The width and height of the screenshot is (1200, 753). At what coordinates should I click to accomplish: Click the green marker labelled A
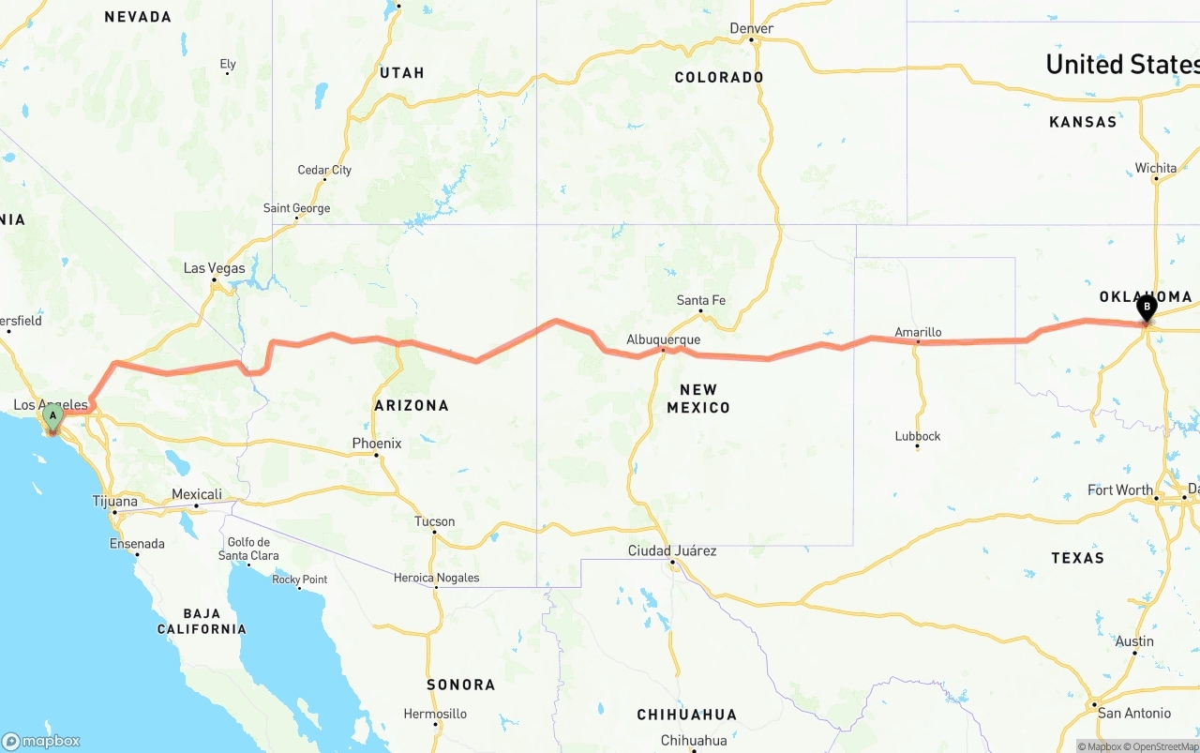click(52, 414)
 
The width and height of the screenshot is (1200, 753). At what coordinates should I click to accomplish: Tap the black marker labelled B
click(1146, 306)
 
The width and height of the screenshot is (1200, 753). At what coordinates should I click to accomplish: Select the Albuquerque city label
click(664, 339)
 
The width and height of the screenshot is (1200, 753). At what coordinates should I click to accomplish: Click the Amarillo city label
click(918, 332)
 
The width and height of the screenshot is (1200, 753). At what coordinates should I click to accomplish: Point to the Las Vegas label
click(214, 268)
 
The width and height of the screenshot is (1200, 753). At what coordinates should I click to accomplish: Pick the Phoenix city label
click(377, 444)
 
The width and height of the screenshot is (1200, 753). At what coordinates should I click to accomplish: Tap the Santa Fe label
click(701, 300)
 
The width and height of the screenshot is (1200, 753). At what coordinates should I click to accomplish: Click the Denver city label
click(752, 28)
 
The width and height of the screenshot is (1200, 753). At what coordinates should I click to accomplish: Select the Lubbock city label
click(918, 436)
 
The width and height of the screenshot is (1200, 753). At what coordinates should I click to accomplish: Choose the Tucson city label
click(435, 521)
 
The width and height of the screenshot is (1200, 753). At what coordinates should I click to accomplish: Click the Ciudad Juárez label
click(672, 550)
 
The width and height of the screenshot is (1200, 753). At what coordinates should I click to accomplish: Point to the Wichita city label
click(1156, 168)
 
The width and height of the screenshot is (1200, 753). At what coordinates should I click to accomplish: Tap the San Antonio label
click(1134, 713)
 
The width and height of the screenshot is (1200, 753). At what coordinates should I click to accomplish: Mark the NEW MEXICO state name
click(698, 399)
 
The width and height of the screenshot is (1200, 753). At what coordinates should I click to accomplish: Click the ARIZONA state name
click(412, 405)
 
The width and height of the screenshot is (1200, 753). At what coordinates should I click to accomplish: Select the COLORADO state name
click(719, 77)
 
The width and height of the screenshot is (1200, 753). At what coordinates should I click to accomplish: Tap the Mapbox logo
click(41, 741)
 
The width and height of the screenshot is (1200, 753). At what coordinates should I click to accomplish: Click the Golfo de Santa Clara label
click(247, 549)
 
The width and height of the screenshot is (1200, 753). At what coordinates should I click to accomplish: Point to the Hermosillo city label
click(435, 714)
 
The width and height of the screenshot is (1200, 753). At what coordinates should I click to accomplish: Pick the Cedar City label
click(324, 170)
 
